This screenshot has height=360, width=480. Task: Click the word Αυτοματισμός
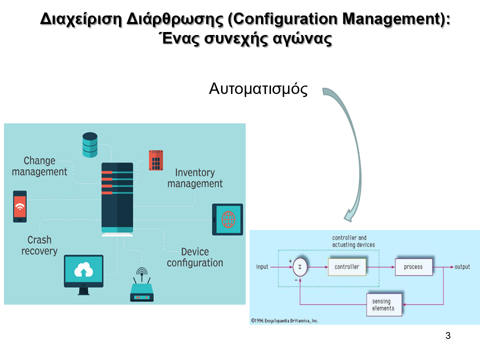point(258,89)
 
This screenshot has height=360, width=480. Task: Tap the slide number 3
point(448,335)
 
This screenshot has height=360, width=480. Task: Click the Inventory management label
point(195,178)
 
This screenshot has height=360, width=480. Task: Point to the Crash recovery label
point(39,245)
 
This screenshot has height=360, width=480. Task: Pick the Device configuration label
point(195,257)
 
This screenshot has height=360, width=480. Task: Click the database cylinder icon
point(90,144)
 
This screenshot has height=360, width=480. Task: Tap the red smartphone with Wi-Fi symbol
point(20,206)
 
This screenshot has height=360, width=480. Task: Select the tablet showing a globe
point(227,219)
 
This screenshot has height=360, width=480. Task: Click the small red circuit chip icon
point(156,160)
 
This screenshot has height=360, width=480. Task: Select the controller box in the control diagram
point(347,267)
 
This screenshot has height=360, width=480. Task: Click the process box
point(413,267)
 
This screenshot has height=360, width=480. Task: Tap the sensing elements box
point(383,304)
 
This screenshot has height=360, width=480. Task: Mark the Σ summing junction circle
point(300,267)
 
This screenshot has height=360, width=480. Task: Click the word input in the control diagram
point(262,267)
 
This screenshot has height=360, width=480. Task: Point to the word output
point(462,267)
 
